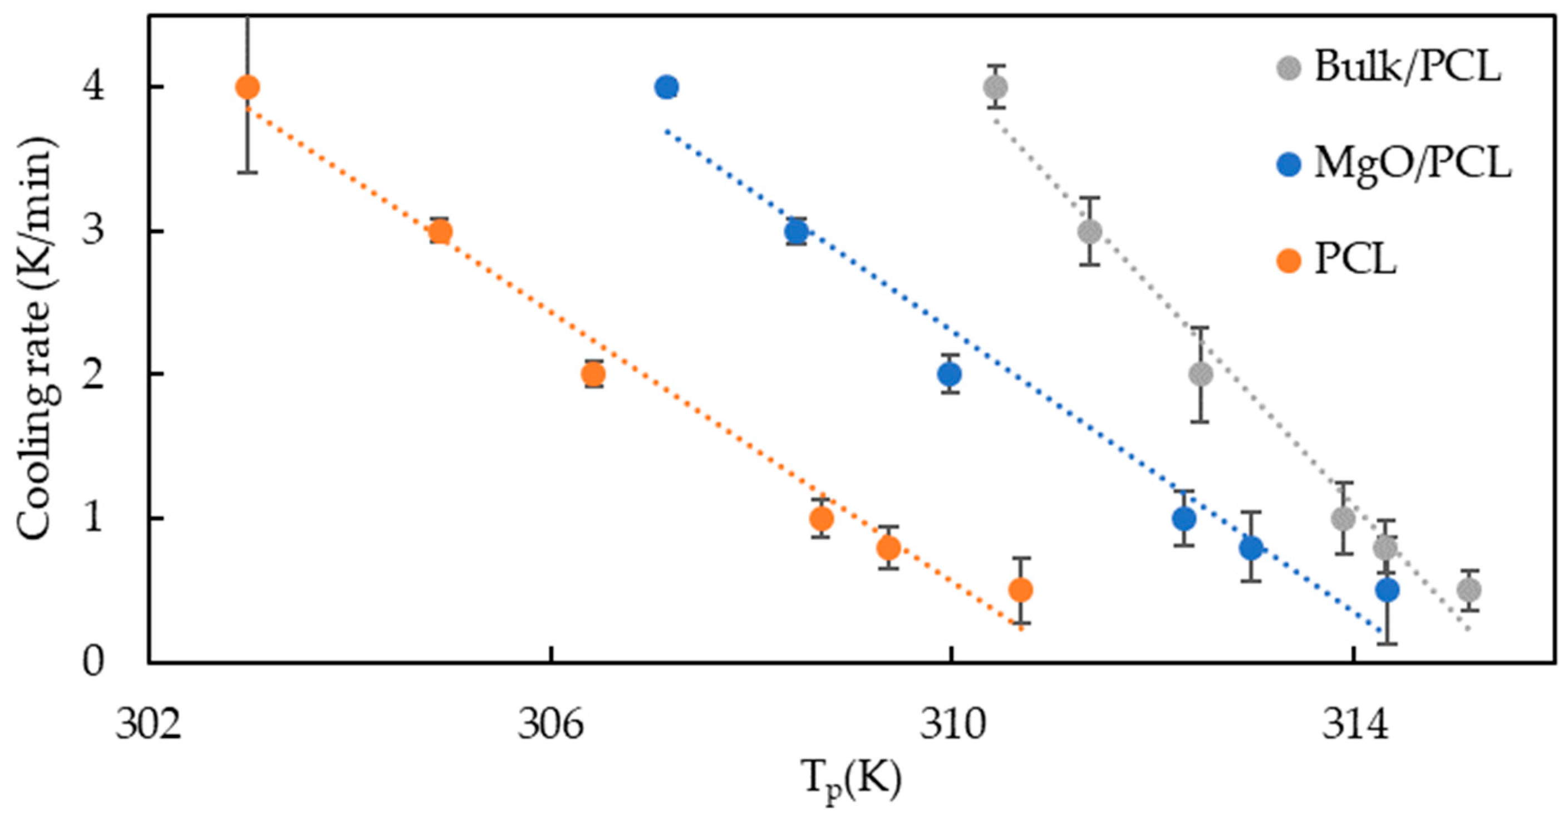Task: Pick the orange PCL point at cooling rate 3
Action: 440,232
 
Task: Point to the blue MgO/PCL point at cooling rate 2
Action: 949,374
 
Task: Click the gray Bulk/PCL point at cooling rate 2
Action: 1200,375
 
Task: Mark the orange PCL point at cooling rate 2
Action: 593,374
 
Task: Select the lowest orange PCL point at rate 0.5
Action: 1021,589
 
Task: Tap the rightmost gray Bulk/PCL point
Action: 1468,589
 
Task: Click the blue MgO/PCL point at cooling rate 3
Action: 796,232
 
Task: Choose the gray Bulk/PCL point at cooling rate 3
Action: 1089,232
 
